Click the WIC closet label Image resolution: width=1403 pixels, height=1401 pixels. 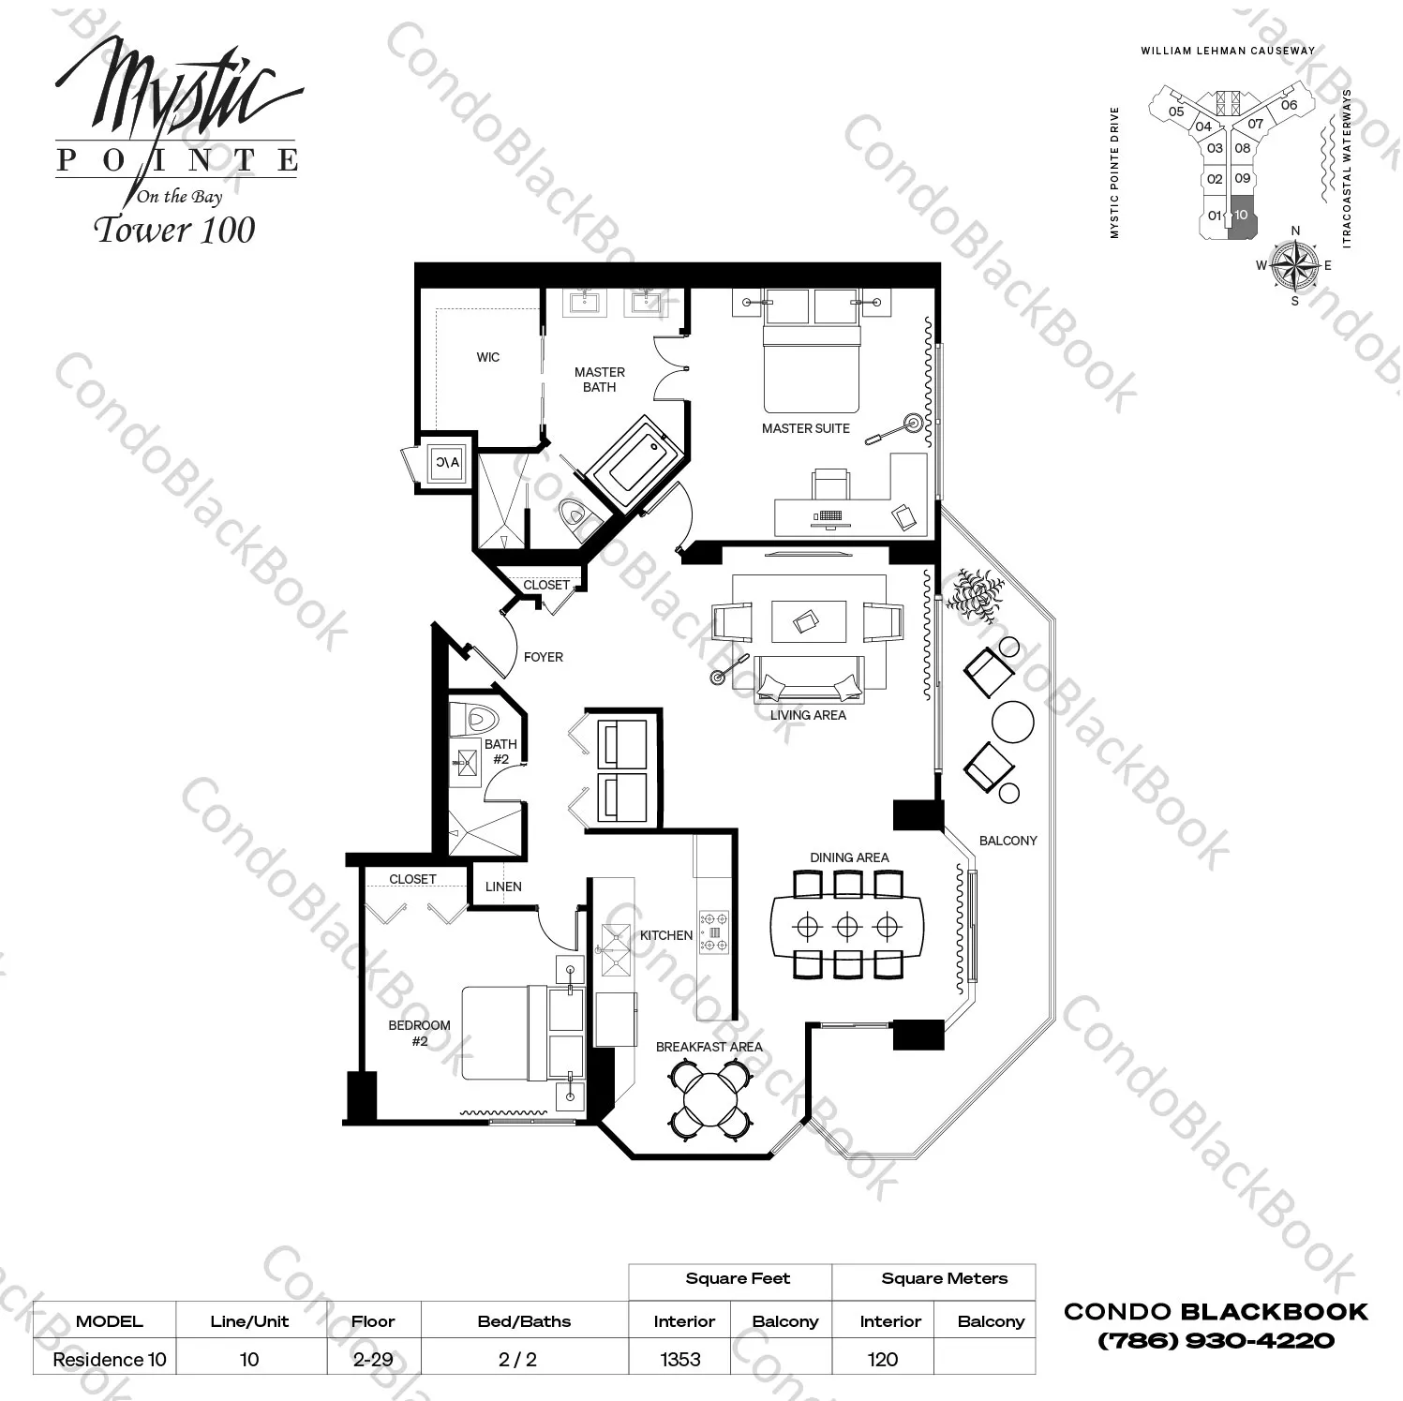click(487, 357)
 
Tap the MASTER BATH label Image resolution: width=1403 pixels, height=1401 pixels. click(599, 380)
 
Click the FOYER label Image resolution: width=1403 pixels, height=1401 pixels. click(543, 657)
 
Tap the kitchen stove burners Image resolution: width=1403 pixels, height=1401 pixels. click(713, 932)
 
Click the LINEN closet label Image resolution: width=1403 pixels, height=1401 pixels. click(503, 887)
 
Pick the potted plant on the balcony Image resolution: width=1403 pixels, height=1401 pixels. click(974, 592)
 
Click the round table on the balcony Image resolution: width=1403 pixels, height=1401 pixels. click(1012, 723)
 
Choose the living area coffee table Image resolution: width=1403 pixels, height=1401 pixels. click(808, 622)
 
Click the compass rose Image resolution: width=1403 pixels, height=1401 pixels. click(1295, 264)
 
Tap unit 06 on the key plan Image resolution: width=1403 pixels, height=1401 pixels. click(1289, 105)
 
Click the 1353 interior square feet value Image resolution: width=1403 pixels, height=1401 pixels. click(680, 1359)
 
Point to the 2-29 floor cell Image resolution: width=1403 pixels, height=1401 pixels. click(373, 1359)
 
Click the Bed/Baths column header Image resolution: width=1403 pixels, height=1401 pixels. click(524, 1321)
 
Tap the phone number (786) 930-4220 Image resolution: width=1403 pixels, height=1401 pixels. click(1216, 1340)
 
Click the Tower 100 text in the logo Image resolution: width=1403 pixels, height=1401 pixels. click(175, 230)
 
